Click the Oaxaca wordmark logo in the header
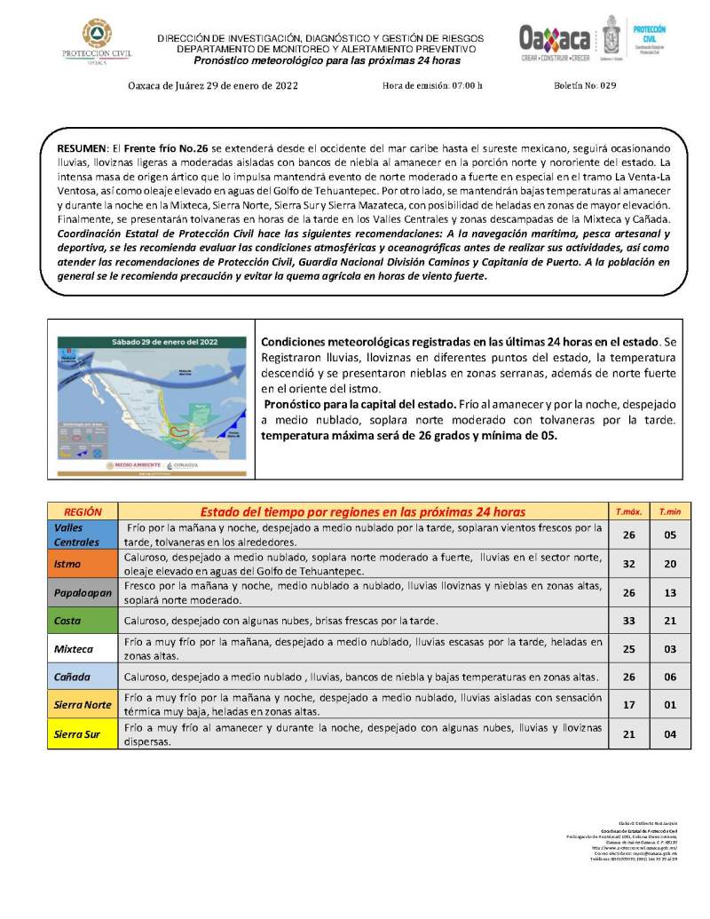(x=556, y=40)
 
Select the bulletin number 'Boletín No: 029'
(x=584, y=86)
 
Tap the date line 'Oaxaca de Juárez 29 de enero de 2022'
(x=213, y=86)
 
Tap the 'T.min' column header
(x=669, y=512)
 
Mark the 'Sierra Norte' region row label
(x=82, y=705)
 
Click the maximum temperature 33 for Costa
(x=628, y=620)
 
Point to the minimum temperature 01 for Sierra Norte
(x=670, y=705)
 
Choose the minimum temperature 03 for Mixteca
(x=670, y=649)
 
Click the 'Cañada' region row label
(x=71, y=677)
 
